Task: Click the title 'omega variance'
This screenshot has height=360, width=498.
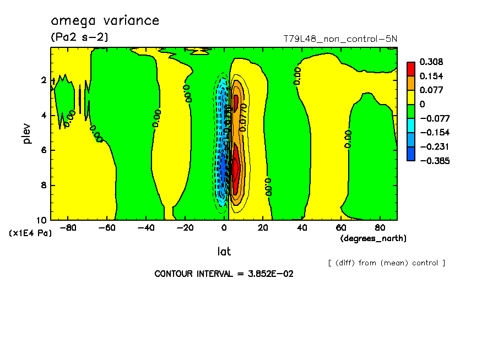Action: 105,21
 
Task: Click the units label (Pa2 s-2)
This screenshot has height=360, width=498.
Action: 79,37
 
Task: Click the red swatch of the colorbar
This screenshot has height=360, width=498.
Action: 411,69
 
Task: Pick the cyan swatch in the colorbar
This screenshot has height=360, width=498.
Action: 411,125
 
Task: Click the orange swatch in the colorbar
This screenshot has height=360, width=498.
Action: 411,83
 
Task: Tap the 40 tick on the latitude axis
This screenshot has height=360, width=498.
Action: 302,227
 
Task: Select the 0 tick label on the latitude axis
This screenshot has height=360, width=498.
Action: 224,227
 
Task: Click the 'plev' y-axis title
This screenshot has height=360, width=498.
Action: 26,134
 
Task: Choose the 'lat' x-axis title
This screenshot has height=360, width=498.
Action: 224,252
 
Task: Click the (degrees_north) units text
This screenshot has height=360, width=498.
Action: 373,238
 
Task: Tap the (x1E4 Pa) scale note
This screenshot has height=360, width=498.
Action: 30,233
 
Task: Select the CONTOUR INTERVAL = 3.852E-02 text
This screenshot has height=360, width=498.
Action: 224,274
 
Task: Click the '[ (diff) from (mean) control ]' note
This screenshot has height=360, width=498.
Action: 386,263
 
